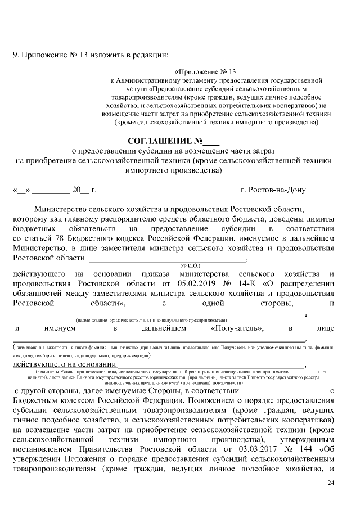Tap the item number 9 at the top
click(16, 55)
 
